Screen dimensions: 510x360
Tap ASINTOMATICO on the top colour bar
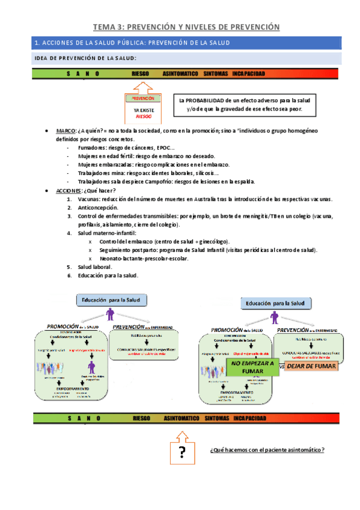pos(180,73)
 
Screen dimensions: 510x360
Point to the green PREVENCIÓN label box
pos(143,98)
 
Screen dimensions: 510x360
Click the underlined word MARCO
pos(66,131)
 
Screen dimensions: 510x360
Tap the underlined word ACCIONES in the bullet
pos(69,190)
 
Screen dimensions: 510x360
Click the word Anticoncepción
pos(101,207)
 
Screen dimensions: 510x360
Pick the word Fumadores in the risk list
pos(93,147)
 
